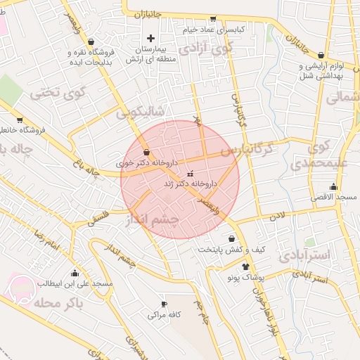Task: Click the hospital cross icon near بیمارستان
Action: [150, 37]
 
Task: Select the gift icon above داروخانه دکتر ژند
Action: [190, 174]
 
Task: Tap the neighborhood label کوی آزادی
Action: [205, 50]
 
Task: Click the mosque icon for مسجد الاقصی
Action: [333, 187]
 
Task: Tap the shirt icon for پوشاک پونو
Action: [245, 266]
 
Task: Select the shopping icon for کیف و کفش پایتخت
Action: [231, 238]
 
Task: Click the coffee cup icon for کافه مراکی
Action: [164, 304]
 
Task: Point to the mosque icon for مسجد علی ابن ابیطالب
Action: [75, 273]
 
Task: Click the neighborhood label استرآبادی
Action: [304, 255]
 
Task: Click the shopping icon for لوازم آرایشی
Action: [321, 55]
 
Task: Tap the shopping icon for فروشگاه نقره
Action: [91, 41]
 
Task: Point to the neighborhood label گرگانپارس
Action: [245, 150]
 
